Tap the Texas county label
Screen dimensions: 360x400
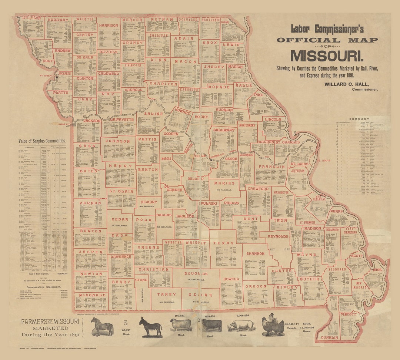(223, 243)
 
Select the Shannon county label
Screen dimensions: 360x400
(256, 253)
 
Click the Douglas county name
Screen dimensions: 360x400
(197, 274)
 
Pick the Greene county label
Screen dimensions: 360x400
(147, 247)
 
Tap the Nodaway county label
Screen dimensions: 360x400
(59, 20)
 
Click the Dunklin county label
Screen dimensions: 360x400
(330, 337)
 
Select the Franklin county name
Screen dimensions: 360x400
(271, 167)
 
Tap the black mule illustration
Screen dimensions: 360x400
(150, 327)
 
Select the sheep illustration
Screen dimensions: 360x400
(181, 324)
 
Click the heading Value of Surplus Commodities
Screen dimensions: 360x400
(42, 141)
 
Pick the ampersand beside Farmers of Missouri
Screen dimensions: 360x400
(124, 322)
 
